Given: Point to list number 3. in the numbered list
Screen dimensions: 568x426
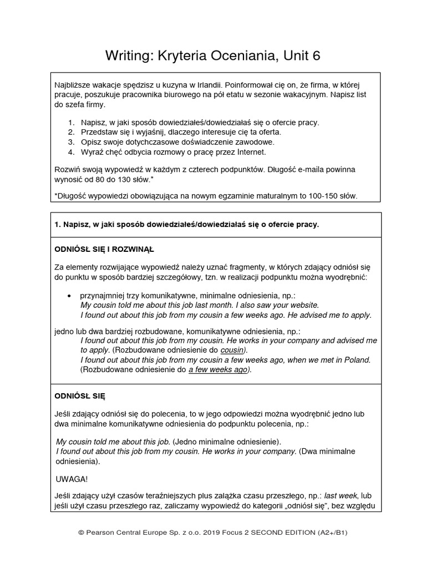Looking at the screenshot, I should point(71,141).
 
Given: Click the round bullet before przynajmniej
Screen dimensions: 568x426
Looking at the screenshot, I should point(69,296).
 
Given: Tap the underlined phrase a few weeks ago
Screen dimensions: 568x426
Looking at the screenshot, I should point(219,369).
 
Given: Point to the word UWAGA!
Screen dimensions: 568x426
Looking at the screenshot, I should point(72,478).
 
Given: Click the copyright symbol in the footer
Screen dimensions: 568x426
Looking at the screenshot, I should point(81,532).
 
